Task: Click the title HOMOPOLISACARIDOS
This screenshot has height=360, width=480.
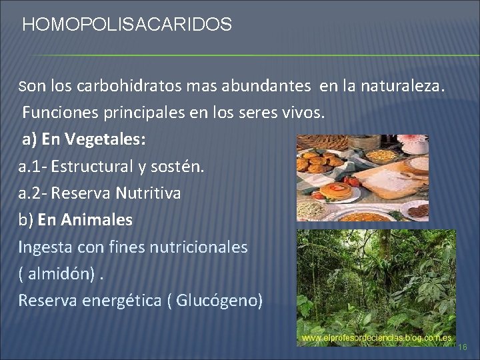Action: pyautogui.click(x=127, y=25)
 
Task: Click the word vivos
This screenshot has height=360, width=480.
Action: pyautogui.click(x=305, y=113)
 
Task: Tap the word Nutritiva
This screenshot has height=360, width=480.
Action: pyautogui.click(x=147, y=193)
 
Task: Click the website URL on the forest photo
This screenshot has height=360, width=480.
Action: pyautogui.click(x=377, y=339)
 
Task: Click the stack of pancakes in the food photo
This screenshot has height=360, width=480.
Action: pyautogui.click(x=335, y=191)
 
